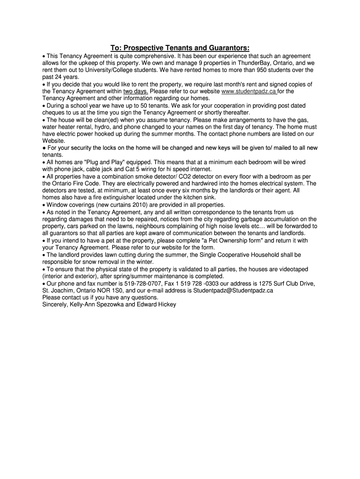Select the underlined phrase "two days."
136,91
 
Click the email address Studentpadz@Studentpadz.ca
233,290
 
